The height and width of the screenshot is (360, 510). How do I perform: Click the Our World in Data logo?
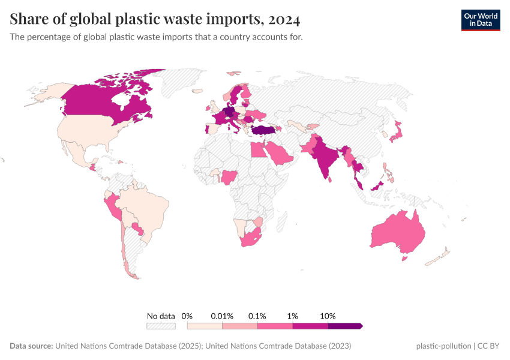[x=480, y=20]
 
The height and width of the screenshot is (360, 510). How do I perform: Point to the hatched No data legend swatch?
[x=161, y=326]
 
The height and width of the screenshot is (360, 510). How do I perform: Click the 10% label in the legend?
[x=328, y=316]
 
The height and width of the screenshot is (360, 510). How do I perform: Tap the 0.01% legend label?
[x=222, y=316]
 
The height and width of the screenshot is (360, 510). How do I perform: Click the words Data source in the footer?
[x=31, y=346]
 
